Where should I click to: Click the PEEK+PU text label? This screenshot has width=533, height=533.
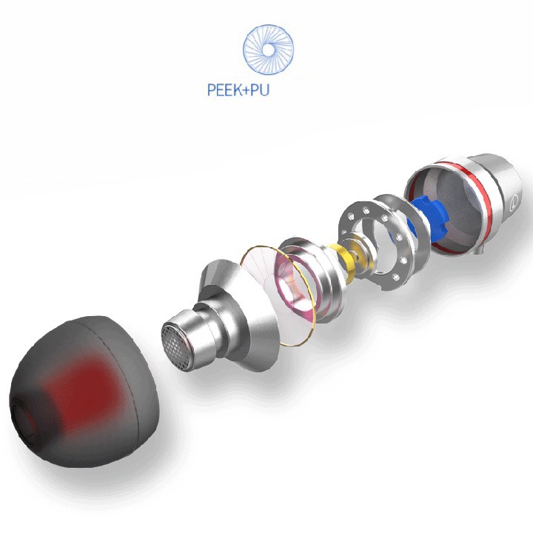[x=238, y=90]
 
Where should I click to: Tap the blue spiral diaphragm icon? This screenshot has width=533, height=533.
[x=268, y=50]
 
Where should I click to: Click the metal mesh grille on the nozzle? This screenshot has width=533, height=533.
[x=175, y=346]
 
